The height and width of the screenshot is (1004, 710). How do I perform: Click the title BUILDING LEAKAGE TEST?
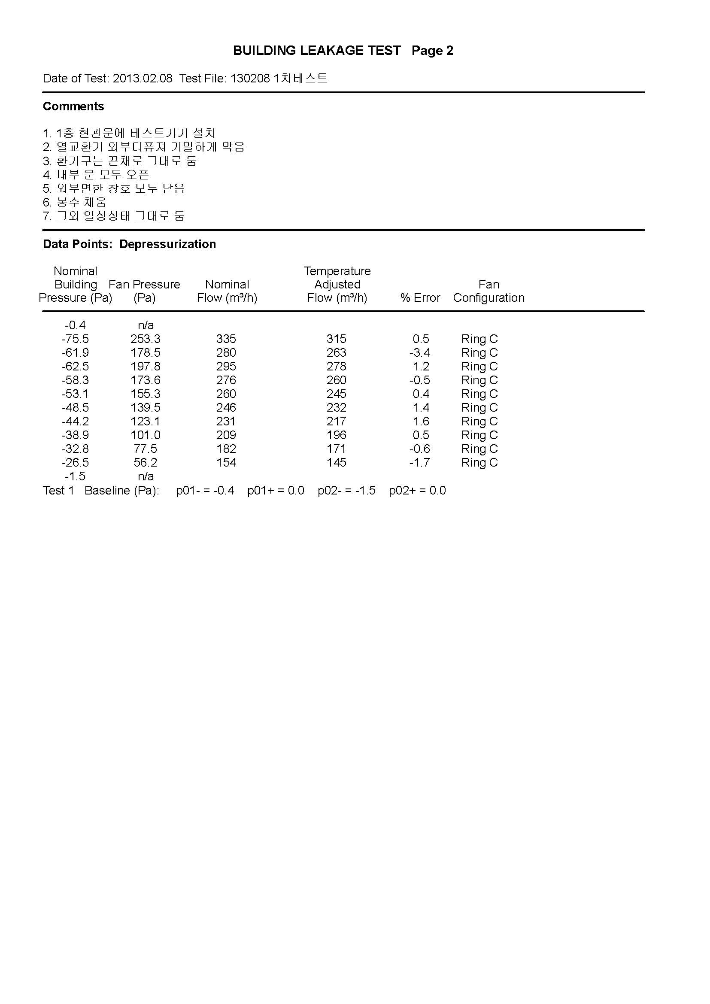tap(316, 51)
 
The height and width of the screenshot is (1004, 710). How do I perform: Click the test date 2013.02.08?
tap(143, 79)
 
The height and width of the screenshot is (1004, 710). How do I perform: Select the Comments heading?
tap(73, 106)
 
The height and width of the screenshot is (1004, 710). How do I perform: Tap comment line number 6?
tap(75, 202)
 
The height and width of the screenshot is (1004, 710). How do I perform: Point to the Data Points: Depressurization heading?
tap(129, 244)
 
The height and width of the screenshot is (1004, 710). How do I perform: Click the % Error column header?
tap(420, 298)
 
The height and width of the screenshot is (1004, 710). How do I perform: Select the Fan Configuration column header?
tap(489, 291)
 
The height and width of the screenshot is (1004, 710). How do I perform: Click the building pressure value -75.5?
tap(75, 339)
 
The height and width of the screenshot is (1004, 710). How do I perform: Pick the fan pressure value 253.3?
tap(145, 339)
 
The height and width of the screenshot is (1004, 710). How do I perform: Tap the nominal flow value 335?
tap(226, 339)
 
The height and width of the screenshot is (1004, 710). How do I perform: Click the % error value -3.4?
tap(420, 352)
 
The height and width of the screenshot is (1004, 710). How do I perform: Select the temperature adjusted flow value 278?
tap(336, 367)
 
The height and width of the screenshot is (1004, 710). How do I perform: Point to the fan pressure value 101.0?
tap(145, 435)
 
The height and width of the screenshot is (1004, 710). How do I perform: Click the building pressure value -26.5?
tap(75, 463)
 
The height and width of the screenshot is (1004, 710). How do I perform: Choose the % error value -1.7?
tap(420, 463)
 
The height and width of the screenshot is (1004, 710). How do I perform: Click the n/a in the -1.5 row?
tap(146, 476)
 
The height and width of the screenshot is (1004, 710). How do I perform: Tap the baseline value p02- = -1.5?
tap(347, 491)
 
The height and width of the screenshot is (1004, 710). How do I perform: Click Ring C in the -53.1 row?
tap(479, 394)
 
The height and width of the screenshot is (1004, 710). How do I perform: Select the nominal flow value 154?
tap(226, 463)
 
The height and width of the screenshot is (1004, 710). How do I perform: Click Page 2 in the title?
tap(432, 51)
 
